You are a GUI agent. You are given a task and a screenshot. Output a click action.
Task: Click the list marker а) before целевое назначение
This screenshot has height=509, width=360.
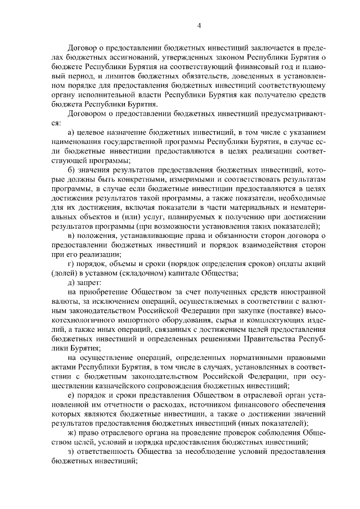point(71,131)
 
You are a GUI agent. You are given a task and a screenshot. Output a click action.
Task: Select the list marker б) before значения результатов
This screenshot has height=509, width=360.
point(71,170)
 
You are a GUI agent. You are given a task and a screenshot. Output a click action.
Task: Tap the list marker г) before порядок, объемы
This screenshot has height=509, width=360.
point(70,264)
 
